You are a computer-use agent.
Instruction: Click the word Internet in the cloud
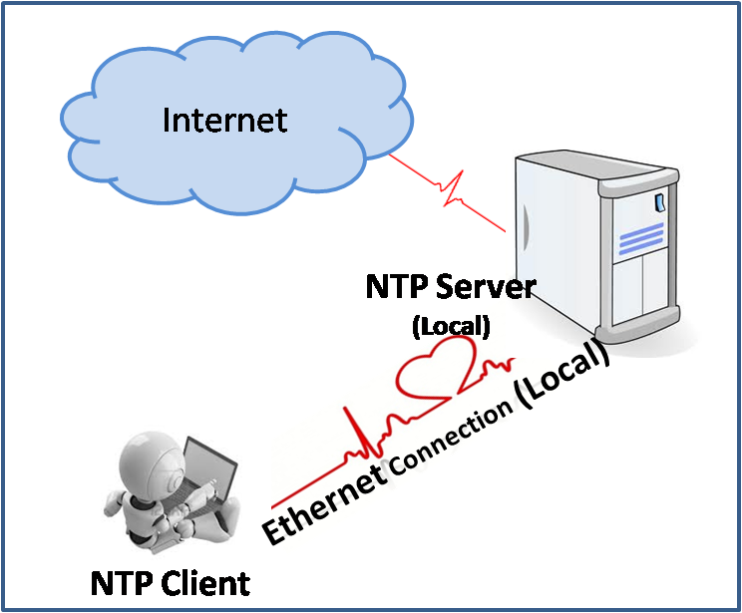coord(224,120)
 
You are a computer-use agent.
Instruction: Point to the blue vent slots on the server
coord(630,239)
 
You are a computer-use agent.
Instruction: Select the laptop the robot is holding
coord(209,477)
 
